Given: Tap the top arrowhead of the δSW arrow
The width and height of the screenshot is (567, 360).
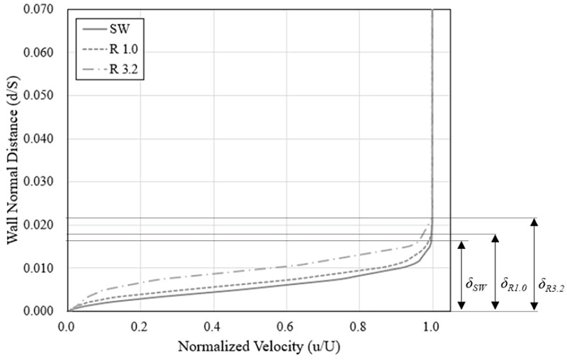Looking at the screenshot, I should click(461, 244).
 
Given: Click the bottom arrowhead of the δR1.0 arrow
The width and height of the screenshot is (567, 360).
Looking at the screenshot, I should click(496, 306).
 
